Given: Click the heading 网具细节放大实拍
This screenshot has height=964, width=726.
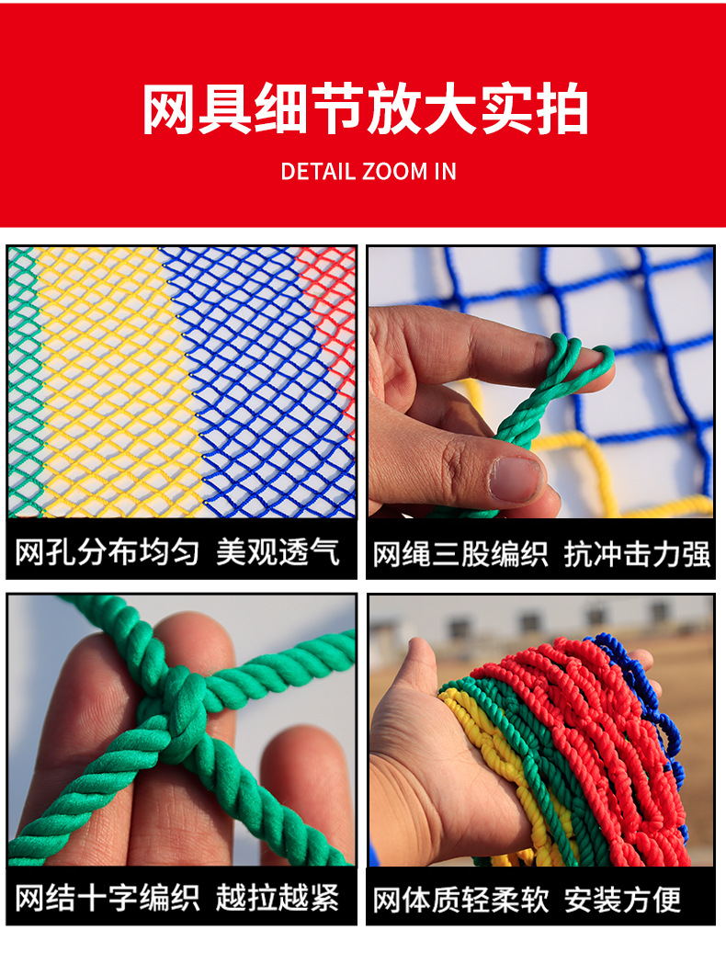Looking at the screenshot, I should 365,112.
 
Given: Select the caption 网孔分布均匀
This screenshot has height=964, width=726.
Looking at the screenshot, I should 107,551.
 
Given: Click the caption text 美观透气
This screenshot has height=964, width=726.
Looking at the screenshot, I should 278,551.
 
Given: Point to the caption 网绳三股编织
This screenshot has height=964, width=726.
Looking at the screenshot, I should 459,554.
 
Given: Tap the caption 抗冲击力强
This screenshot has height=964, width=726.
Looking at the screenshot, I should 637,554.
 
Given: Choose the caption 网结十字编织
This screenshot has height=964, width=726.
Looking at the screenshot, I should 107,897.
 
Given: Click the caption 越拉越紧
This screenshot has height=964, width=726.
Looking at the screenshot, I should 278,897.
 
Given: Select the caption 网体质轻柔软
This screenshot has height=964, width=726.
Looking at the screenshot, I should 459,900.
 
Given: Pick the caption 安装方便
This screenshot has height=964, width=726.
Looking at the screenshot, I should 622,900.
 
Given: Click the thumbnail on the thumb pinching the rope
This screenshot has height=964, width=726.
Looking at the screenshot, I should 516,478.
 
